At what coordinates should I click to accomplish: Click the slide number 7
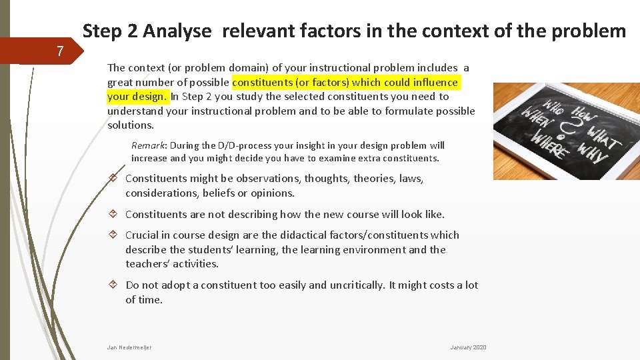point(60,51)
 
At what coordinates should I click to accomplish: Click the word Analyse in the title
point(177,31)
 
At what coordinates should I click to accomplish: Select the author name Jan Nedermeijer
point(129,347)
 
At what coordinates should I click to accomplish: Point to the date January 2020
point(468,347)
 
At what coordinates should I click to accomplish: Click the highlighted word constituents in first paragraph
point(264,82)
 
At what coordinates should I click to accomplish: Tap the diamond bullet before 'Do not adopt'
point(114,285)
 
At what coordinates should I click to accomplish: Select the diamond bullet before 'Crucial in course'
point(114,235)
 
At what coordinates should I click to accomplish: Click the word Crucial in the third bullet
point(142,235)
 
